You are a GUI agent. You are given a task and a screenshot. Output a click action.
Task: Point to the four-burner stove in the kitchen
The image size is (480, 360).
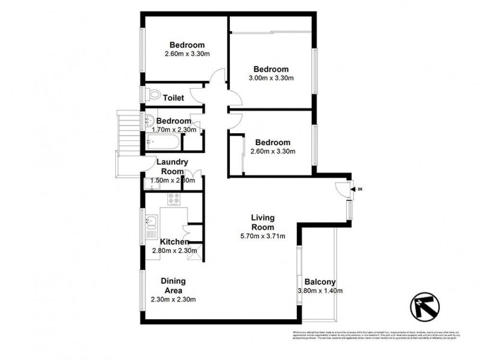tap(175, 199)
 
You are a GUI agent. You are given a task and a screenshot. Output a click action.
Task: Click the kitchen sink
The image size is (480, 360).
tap(150, 224)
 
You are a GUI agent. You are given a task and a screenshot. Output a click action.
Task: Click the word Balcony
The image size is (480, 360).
tap(319, 282)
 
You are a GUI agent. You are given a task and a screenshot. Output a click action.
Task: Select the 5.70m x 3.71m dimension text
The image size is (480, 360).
tap(262, 236)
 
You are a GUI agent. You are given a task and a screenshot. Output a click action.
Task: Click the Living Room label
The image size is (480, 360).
tap(262, 223)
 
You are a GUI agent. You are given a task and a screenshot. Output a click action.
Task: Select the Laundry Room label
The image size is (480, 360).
tap(172, 166)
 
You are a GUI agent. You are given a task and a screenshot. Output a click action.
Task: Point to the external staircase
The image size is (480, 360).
tap(127, 133)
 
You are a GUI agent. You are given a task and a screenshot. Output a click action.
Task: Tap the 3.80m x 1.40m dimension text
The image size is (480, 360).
tap(319, 292)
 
